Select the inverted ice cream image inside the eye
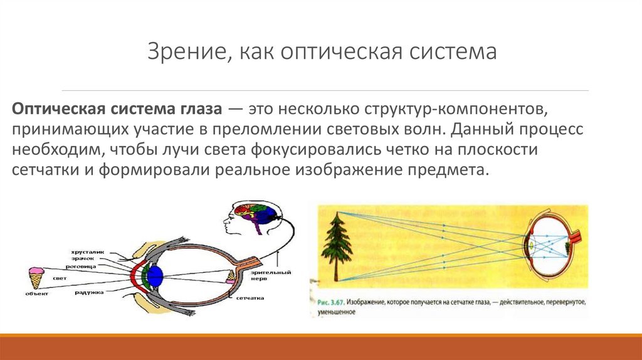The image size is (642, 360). click(x=231, y=276)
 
